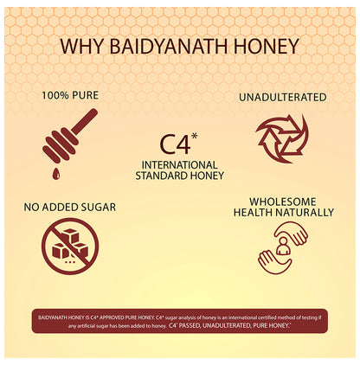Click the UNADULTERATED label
[x=282, y=97]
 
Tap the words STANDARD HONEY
[x=181, y=176]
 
